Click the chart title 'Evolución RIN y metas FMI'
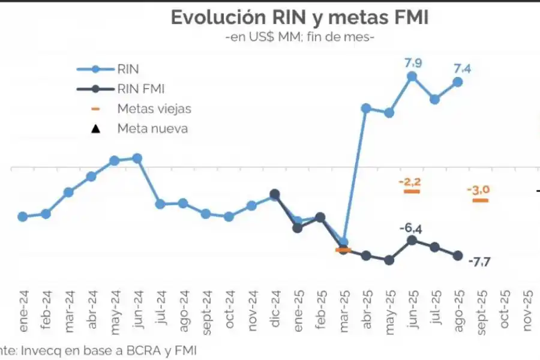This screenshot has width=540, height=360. tap(299, 17)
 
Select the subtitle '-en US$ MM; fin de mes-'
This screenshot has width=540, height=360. tap(299, 37)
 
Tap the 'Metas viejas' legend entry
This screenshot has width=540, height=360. tap(154, 109)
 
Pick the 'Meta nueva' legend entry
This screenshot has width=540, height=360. tap(152, 128)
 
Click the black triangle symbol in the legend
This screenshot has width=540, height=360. tap(95, 128)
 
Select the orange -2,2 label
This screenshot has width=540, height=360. tap(411, 181)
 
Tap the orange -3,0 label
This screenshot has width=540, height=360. tap(479, 190)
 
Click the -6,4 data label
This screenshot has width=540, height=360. tap(411, 228)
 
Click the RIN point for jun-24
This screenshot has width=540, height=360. tap(137, 158)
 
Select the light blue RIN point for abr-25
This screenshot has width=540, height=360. tap(365, 109)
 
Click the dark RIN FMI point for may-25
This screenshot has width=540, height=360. tap(389, 260)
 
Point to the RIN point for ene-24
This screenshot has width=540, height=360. tap(23, 217)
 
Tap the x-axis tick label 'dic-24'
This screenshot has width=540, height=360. tap(275, 310)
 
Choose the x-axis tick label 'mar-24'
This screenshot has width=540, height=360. tap(70, 308)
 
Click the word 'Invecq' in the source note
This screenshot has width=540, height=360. tap(35, 350)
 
